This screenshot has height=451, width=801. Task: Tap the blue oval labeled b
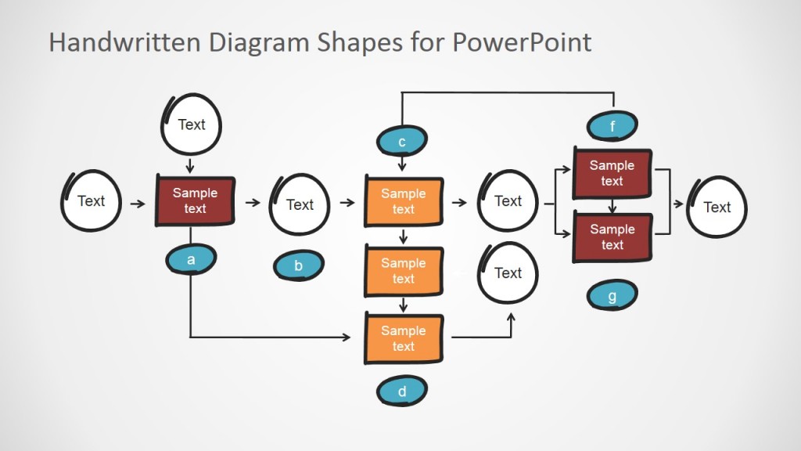click(298, 266)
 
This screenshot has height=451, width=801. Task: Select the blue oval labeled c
click(402, 142)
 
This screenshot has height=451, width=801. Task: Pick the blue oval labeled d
click(402, 391)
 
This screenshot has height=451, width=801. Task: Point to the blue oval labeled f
click(612, 125)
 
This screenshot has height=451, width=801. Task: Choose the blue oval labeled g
click(612, 296)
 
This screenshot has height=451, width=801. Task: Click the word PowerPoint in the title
click(522, 41)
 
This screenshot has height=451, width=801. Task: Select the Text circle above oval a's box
click(192, 124)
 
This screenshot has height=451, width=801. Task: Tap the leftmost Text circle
click(92, 201)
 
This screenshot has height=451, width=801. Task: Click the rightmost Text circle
click(717, 207)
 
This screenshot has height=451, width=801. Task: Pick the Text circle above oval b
click(300, 204)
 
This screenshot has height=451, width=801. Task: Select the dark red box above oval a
click(195, 201)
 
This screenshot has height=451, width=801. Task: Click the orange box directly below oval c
click(404, 201)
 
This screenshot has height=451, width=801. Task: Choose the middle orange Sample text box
click(404, 271)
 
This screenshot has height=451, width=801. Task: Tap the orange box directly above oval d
click(404, 338)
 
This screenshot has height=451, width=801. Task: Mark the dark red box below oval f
click(612, 173)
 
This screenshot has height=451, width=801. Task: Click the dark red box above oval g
click(612, 237)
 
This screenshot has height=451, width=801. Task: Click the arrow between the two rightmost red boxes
click(612, 207)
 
